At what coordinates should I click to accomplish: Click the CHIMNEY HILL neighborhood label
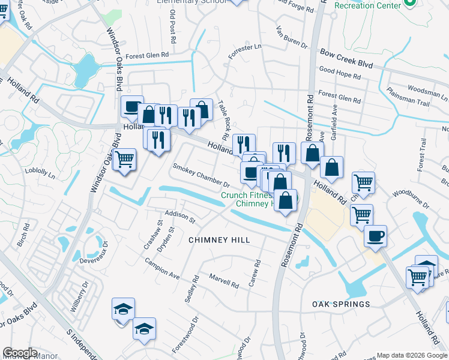219,240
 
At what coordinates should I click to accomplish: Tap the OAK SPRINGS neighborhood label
341,304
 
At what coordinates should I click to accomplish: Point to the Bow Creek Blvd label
346,59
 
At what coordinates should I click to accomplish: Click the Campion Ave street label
161,268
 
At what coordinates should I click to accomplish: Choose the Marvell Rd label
224,279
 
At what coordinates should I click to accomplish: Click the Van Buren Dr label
291,38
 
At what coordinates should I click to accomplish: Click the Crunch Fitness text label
247,195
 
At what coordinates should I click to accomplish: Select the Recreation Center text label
367,5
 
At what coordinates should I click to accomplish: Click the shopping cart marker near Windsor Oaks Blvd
125,160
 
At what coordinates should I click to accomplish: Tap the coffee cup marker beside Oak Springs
376,235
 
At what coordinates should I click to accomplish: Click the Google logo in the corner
20,353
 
